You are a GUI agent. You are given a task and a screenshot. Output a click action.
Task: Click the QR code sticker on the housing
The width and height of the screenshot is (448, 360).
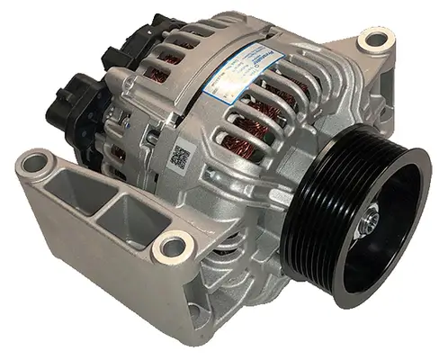pyautogui.click(x=182, y=155)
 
